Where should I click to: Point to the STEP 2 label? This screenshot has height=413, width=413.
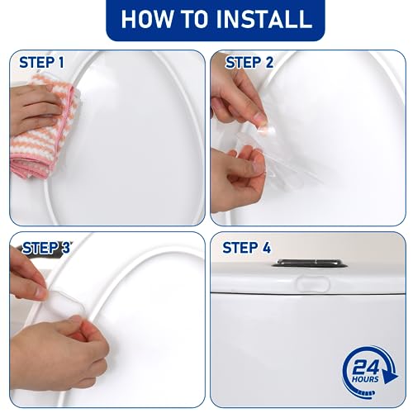(249, 62)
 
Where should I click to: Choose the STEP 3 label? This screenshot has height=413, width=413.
(45, 247)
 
